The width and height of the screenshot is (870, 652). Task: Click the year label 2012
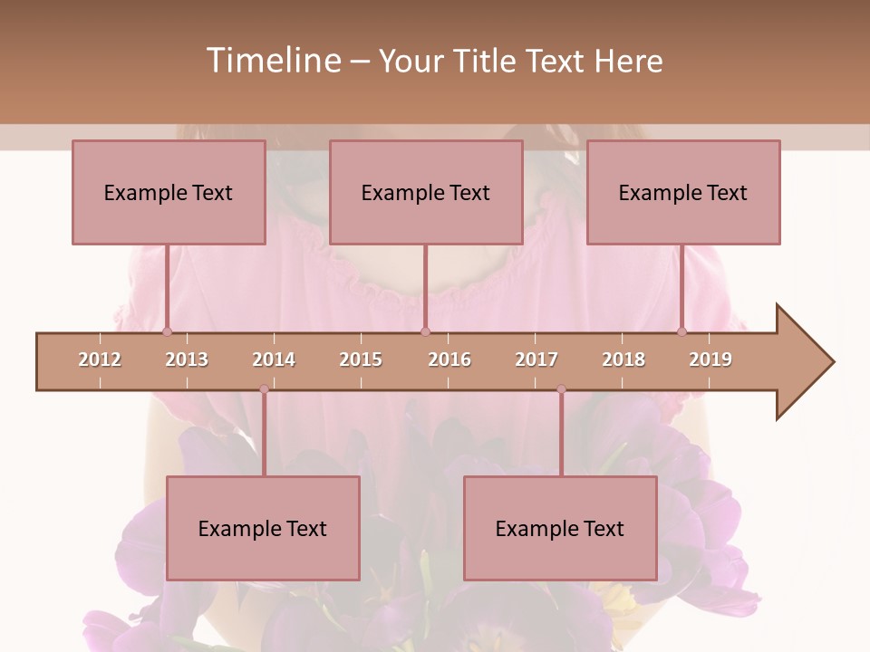pyautogui.click(x=100, y=360)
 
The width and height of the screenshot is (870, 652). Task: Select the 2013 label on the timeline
pyautogui.click(x=187, y=360)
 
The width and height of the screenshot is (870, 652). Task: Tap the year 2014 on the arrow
pyautogui.click(x=274, y=360)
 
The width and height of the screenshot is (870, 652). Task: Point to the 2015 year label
pyautogui.click(x=361, y=360)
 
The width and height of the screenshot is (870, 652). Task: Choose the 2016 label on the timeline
pyautogui.click(x=449, y=360)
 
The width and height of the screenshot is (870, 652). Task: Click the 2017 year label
pyautogui.click(x=536, y=360)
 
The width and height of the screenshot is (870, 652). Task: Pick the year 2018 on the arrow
pyautogui.click(x=623, y=360)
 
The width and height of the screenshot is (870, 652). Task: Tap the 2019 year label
pyautogui.click(x=710, y=360)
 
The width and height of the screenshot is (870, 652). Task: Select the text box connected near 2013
pyautogui.click(x=169, y=192)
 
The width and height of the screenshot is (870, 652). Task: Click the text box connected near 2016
pyautogui.click(x=426, y=192)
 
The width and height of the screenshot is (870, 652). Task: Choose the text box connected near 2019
pyautogui.click(x=683, y=192)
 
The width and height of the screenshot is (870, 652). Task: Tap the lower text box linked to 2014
pyautogui.click(x=263, y=528)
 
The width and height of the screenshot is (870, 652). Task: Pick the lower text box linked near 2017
pyautogui.click(x=560, y=528)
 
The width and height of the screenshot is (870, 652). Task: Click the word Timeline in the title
pyautogui.click(x=272, y=61)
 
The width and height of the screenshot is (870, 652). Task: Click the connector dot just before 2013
pyautogui.click(x=167, y=331)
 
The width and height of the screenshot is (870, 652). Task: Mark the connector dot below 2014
pyautogui.click(x=264, y=389)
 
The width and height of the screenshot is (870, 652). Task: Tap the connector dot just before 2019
pyautogui.click(x=682, y=331)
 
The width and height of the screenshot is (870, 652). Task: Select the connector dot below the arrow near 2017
pyautogui.click(x=561, y=389)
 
